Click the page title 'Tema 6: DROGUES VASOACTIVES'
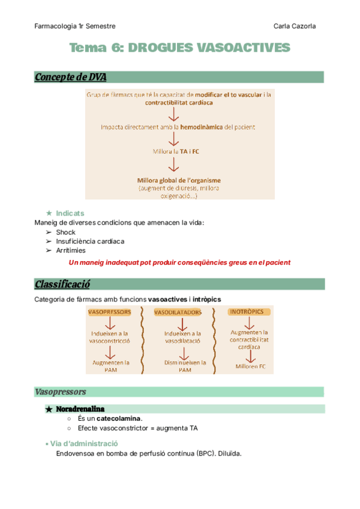click(x=179, y=48)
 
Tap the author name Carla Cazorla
click(x=295, y=26)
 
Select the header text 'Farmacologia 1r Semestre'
click(x=75, y=26)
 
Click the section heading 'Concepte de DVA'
click(x=71, y=77)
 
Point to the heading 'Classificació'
click(x=62, y=283)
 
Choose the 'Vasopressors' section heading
click(x=61, y=392)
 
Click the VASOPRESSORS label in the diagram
click(x=109, y=312)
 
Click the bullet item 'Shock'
click(x=66, y=232)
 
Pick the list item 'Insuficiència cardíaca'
click(x=90, y=241)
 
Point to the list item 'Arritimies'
click(x=71, y=250)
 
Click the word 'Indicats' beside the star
click(x=70, y=213)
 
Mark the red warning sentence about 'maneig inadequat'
click(x=179, y=262)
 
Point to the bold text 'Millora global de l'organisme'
click(x=179, y=180)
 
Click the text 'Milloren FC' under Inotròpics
click(x=250, y=366)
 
